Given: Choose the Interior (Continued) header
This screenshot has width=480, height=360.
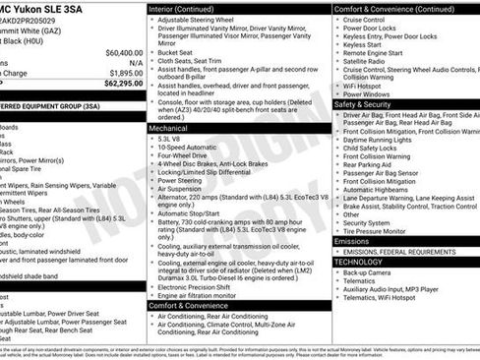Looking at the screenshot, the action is pos(189,8).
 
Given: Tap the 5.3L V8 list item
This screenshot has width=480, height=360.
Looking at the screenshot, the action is pos(170,141).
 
